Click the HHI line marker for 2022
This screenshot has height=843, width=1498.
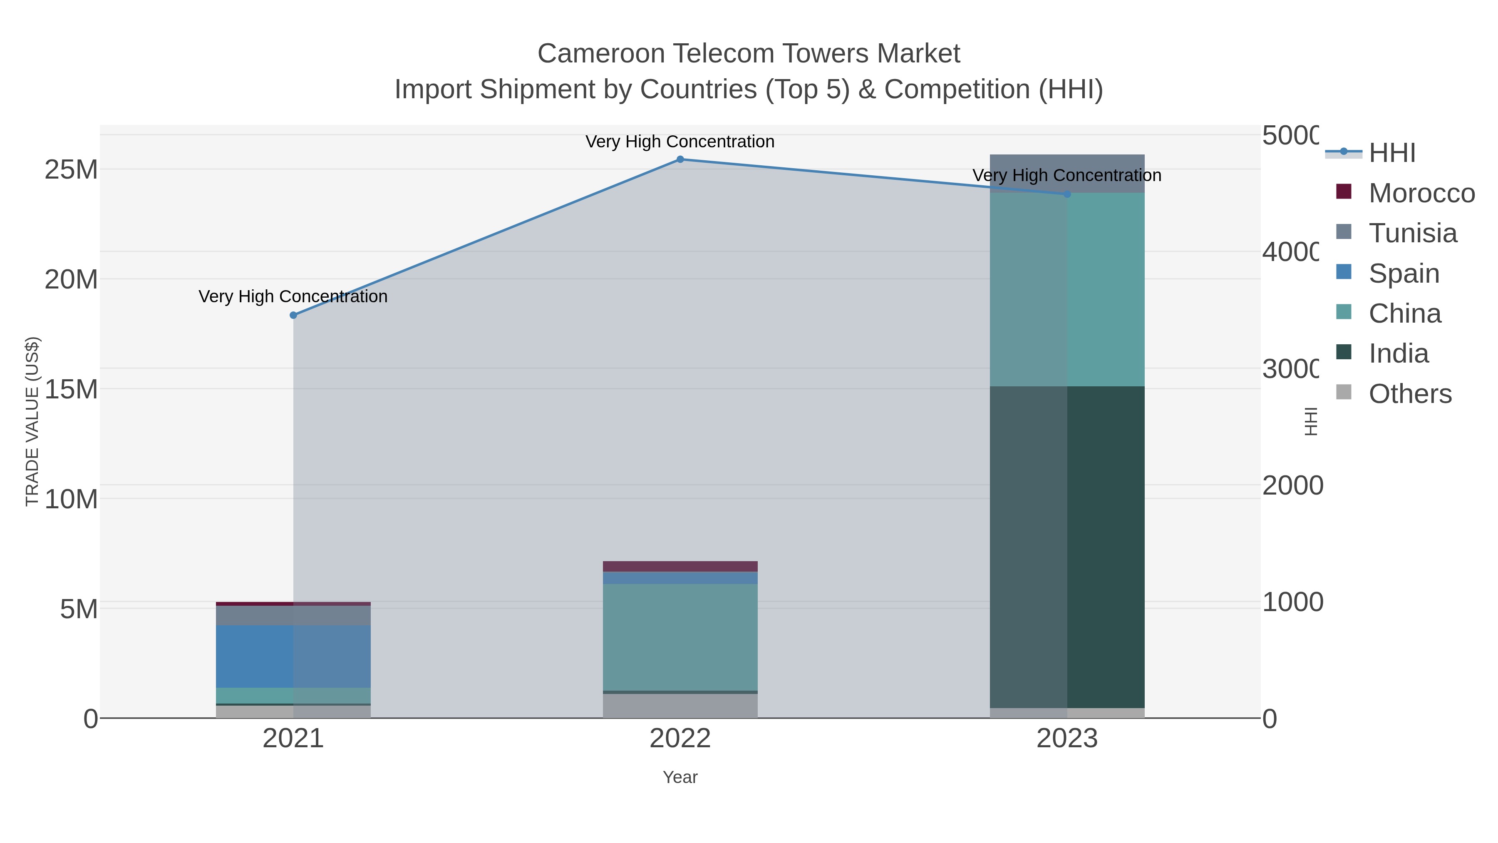[x=680, y=159]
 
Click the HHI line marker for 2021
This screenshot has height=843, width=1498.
[x=293, y=315]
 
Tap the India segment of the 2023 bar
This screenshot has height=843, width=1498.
[x=1066, y=547]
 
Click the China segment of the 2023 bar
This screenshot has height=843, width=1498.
[x=1066, y=289]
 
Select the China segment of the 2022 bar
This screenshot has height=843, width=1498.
[x=680, y=637]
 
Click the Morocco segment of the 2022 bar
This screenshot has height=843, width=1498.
[x=680, y=566]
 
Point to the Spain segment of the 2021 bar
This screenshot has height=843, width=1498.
[x=293, y=656]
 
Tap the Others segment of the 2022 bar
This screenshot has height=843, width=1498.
[x=680, y=706]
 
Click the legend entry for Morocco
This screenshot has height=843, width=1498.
[x=1421, y=193]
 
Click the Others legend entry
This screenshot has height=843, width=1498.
[x=1410, y=394]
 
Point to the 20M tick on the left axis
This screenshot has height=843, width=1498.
[x=71, y=280]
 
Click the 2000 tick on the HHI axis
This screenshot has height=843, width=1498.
[x=1292, y=485]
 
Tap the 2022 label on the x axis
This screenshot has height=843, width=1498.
[x=680, y=739]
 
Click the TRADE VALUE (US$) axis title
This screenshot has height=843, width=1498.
[x=32, y=421]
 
